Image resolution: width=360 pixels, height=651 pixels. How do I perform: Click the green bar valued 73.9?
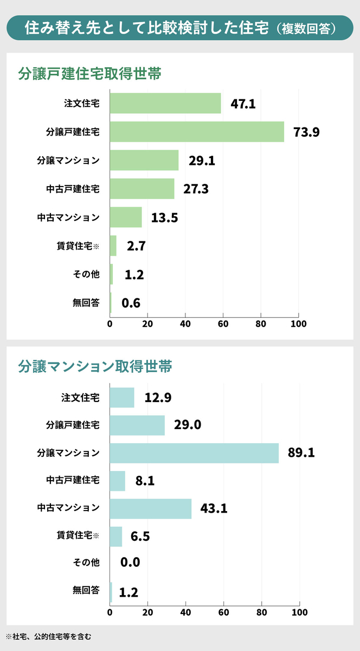pos(197,132)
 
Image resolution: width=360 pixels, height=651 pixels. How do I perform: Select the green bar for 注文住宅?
pos(165,103)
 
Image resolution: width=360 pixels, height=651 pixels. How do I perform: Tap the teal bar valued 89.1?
pos(194,452)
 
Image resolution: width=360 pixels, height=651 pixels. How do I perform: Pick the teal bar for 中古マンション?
pos(151,508)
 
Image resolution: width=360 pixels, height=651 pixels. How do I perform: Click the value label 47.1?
pos(243,104)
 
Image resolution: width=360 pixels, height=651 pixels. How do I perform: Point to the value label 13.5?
pos(164,218)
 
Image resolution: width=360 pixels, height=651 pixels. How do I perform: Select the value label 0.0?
pos(130,563)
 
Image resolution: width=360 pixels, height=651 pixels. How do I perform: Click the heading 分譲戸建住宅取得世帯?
pos(89,74)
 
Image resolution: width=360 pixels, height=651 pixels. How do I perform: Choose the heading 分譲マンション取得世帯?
pos(95,366)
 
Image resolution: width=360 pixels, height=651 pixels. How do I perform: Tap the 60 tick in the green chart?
pos(223,324)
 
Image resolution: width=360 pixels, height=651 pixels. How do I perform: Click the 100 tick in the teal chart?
pos(299,612)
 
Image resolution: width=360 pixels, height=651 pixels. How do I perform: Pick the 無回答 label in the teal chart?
pos(86,591)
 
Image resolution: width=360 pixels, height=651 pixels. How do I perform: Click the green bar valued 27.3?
pos(142,189)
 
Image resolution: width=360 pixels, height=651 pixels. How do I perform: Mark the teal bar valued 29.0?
pos(137,425)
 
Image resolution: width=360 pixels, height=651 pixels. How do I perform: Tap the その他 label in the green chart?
pos(86,275)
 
